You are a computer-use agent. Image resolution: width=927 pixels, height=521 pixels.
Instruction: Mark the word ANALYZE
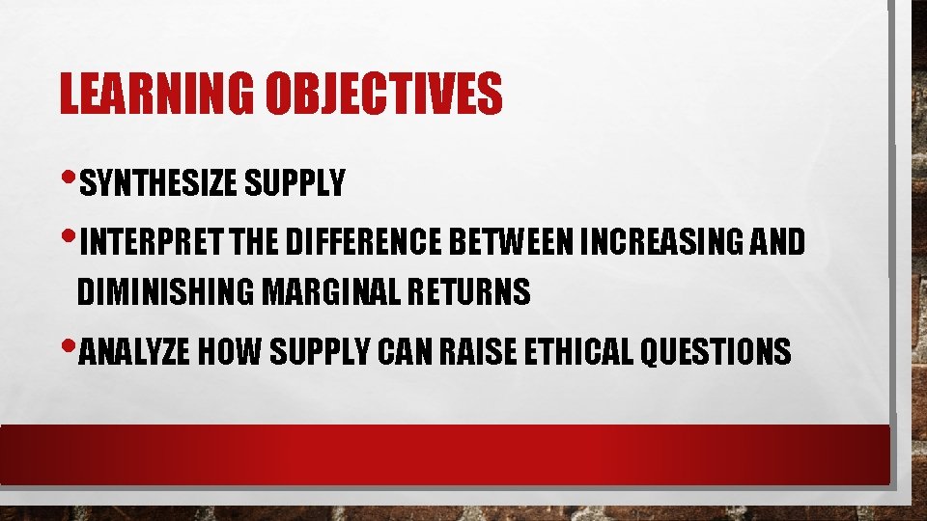133,353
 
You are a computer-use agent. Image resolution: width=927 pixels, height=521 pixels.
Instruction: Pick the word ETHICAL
581,353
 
